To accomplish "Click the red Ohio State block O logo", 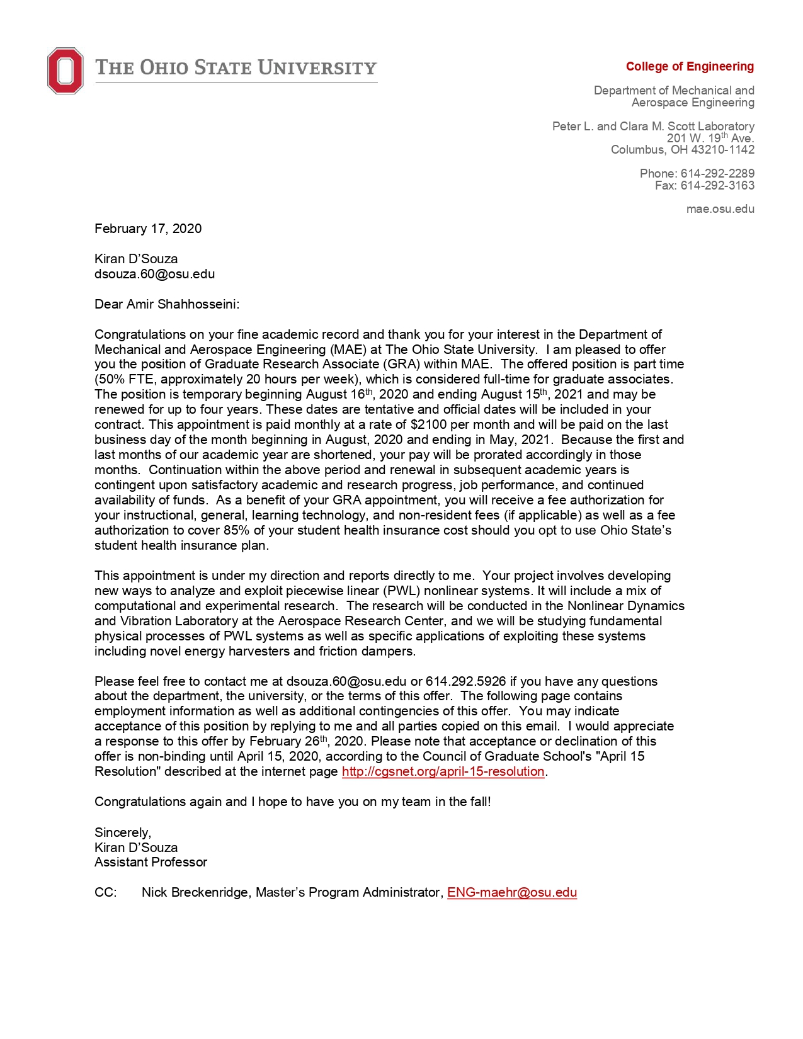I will [65, 71].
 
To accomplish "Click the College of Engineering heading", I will [690, 67].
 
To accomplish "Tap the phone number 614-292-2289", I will [717, 173].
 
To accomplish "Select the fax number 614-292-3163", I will [717, 185].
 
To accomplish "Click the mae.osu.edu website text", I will [720, 209].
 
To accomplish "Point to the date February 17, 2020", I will [148, 229].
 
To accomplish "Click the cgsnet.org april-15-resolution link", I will [443, 771].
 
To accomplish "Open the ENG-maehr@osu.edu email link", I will [512, 892].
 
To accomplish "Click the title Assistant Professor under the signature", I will [151, 862].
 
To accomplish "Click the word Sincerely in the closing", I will [122, 832].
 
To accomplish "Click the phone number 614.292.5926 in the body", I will [465, 681].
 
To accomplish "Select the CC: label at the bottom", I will [105, 892].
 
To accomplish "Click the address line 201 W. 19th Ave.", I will [710, 138].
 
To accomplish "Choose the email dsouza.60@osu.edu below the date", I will [154, 274].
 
